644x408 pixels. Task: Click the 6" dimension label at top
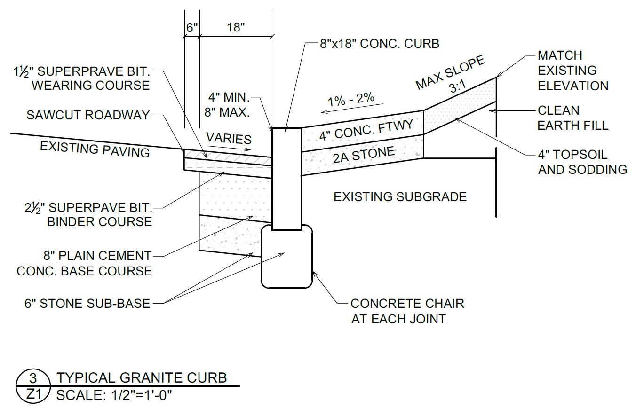[x=192, y=28]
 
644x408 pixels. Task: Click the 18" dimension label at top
[x=236, y=27]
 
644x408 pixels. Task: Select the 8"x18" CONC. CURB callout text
[x=380, y=44]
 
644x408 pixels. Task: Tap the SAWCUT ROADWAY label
[x=88, y=115]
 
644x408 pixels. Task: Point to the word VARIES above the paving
[x=229, y=138]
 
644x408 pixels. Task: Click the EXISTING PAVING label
[x=95, y=149]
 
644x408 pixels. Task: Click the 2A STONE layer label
[x=364, y=155]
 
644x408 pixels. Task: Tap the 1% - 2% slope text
[x=351, y=99]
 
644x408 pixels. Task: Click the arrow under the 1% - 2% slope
[x=352, y=108]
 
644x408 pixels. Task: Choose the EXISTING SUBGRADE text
[x=400, y=197]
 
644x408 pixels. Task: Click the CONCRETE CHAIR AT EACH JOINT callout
[x=407, y=311]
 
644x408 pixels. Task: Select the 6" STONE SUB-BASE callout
[x=87, y=303]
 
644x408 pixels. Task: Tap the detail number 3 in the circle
[x=33, y=378]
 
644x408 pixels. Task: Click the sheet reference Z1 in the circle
[x=34, y=394]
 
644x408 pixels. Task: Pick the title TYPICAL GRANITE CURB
[x=142, y=377]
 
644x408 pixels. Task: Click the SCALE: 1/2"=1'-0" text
[x=114, y=395]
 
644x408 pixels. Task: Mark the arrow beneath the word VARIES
[x=229, y=148]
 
